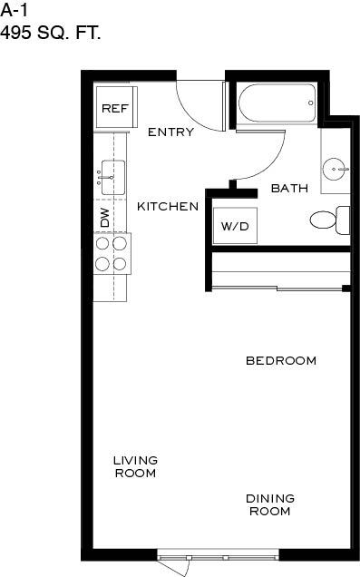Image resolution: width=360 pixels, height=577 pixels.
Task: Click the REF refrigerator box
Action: (x=115, y=109)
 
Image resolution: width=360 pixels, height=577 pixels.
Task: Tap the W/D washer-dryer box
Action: (x=234, y=226)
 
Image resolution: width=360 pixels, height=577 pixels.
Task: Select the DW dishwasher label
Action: (x=105, y=218)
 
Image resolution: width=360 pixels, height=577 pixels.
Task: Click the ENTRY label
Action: (x=170, y=132)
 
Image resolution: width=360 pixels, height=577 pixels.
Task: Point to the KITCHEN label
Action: (x=168, y=207)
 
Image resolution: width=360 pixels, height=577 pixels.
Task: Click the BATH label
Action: (x=289, y=189)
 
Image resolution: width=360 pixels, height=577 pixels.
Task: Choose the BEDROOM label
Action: (x=281, y=361)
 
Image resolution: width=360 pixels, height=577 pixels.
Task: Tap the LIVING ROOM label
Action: (x=135, y=466)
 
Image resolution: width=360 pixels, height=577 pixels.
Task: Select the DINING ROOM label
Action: (x=270, y=504)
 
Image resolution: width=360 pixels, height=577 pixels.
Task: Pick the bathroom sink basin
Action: (x=336, y=168)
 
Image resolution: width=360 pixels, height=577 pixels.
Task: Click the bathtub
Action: (x=277, y=104)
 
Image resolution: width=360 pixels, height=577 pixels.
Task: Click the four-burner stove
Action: (x=111, y=253)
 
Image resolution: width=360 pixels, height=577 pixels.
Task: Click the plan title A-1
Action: (x=14, y=11)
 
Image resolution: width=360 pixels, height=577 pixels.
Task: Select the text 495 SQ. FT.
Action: (x=51, y=34)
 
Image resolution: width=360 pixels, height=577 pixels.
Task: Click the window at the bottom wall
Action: (x=219, y=555)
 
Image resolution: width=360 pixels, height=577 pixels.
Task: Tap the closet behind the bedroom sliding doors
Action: (x=279, y=270)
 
